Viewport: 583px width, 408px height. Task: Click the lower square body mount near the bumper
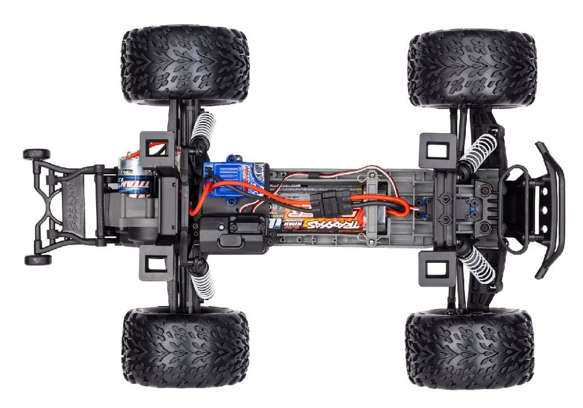click(436, 269)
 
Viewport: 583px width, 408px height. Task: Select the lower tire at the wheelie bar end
click(185, 349)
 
